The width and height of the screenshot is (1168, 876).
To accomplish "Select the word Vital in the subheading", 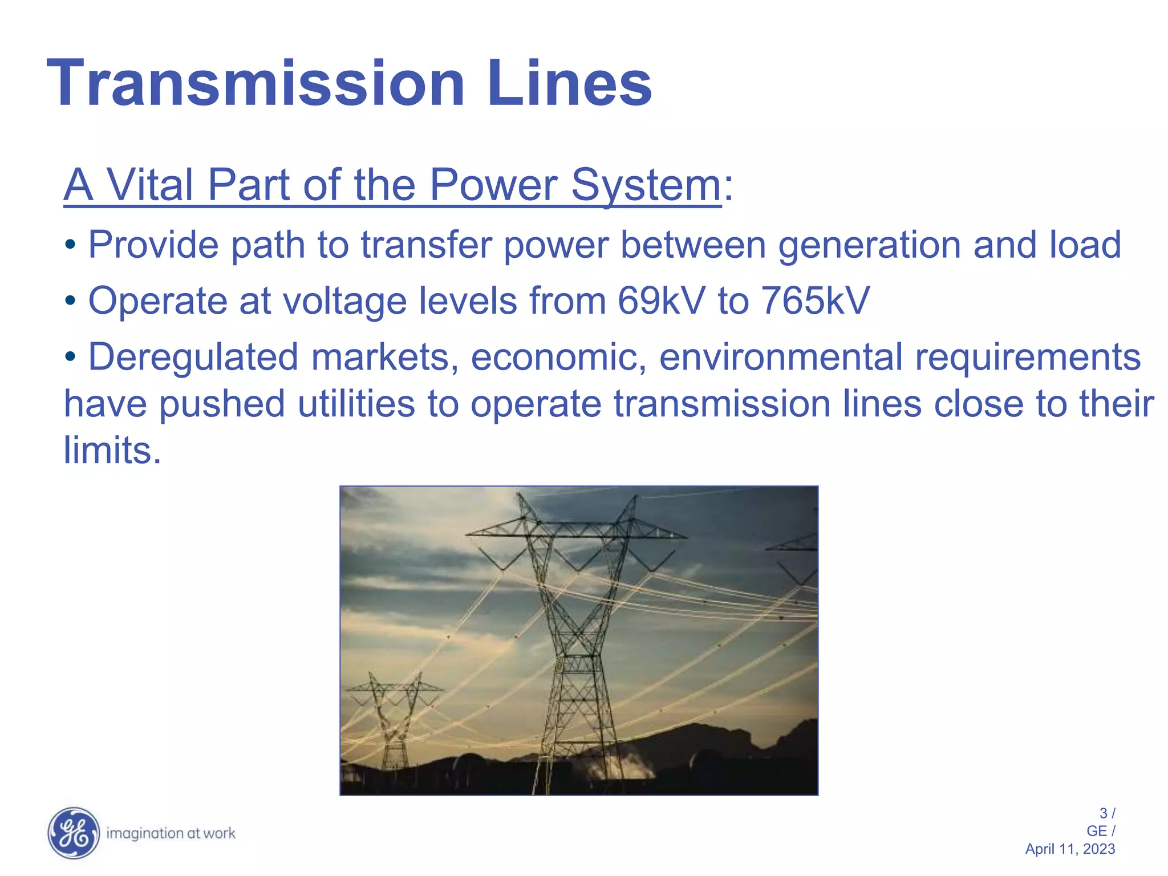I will click(150, 185).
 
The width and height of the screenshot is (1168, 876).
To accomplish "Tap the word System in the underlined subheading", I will click(646, 185).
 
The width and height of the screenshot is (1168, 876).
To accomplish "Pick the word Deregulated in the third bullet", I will click(193, 358).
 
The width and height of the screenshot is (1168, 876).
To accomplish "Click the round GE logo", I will click(73, 833).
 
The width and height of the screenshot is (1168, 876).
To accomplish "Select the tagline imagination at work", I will click(171, 834).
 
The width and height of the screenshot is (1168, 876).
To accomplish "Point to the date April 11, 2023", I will click(1070, 849).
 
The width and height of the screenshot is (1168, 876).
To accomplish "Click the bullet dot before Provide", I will click(70, 246).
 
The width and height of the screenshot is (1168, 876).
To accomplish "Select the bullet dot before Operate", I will click(70, 301).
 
